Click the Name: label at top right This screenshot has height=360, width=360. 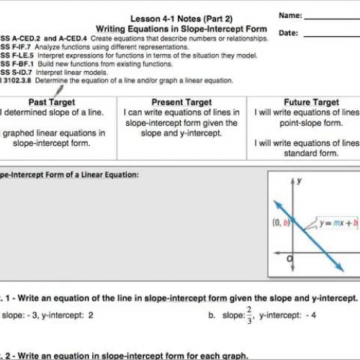[289, 14]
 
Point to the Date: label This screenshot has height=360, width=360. [288, 32]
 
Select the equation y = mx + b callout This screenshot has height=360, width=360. [338, 222]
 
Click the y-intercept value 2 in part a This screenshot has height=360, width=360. [91, 315]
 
